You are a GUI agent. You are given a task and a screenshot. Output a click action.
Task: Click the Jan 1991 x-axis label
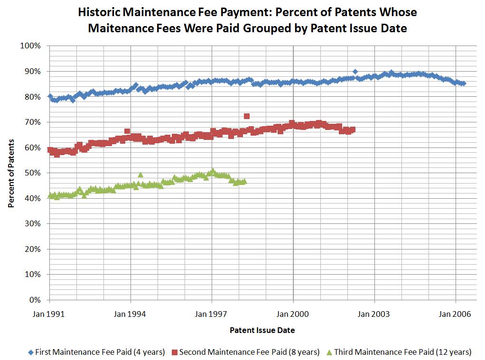point(49,314)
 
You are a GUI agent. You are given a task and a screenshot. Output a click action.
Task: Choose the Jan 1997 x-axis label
point(212,314)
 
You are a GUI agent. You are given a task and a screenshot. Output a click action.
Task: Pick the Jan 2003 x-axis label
point(374,314)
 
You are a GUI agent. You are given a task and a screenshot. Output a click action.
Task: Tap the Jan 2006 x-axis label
point(456,314)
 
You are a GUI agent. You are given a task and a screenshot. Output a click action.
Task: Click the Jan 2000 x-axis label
point(293,314)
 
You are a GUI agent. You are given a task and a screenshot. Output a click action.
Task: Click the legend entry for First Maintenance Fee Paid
point(96,352)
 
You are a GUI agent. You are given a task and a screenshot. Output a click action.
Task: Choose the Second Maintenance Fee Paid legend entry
point(246,352)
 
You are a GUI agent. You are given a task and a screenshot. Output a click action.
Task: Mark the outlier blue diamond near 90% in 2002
point(355,72)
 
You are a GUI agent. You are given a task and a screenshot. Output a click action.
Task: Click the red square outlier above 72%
point(247,116)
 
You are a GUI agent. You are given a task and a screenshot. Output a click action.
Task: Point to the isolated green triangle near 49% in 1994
point(140,175)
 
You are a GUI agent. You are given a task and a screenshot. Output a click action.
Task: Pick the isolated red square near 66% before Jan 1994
point(127,131)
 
